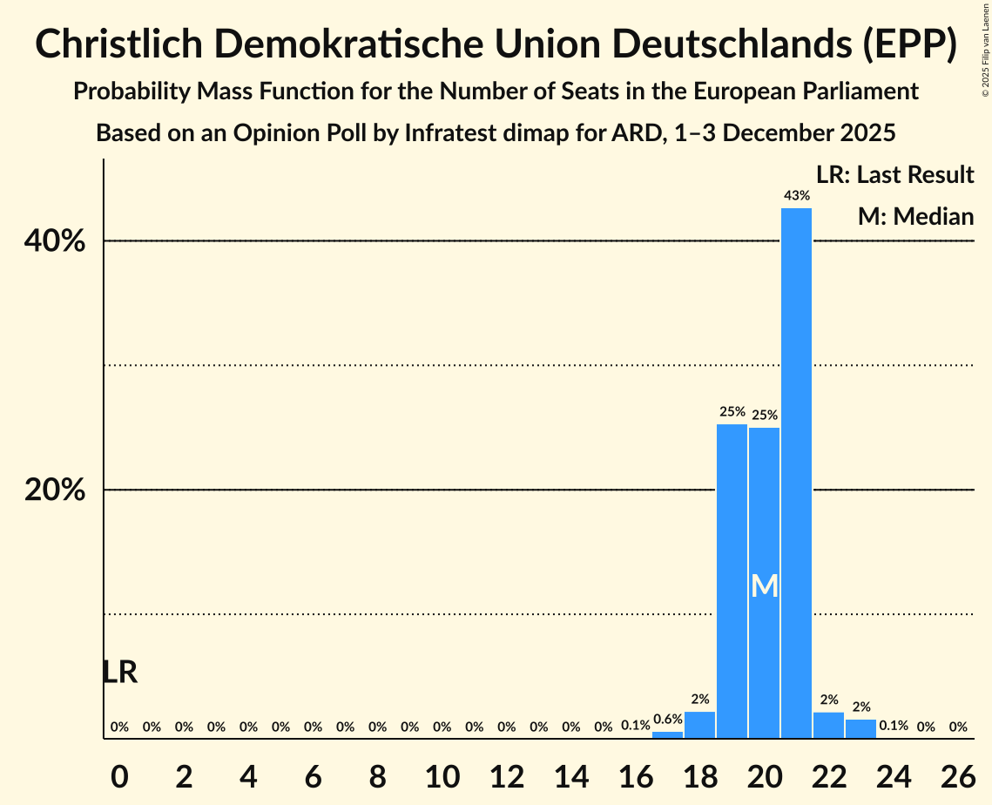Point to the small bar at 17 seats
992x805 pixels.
667,735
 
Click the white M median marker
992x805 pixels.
764,585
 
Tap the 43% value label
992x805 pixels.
796,196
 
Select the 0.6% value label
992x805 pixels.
667,720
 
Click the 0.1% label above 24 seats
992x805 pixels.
893,726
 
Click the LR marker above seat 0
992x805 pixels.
119,673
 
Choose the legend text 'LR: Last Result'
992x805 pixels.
894,175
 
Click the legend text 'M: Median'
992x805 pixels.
915,216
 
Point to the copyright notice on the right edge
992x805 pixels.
985,49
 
